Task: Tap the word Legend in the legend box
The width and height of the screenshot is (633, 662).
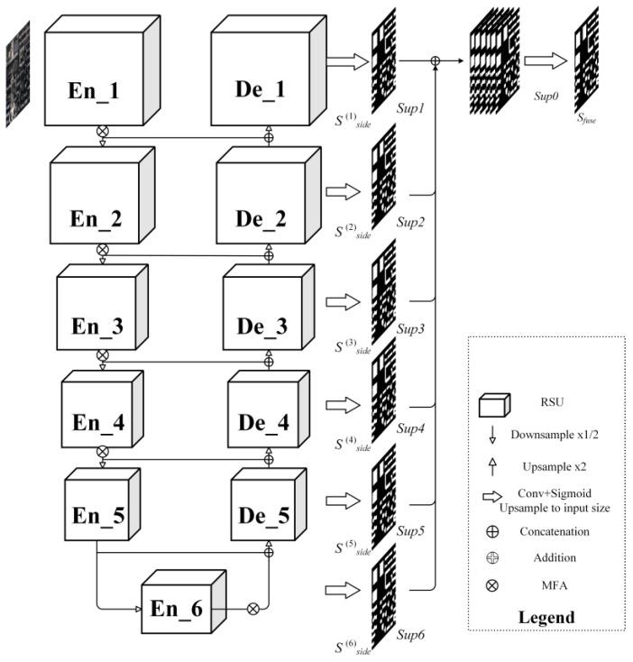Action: coord(546,617)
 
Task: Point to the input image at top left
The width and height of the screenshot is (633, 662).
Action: coord(18,72)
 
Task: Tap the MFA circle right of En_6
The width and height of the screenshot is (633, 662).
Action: coord(253,608)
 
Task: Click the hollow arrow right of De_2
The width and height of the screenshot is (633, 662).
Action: coord(341,192)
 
